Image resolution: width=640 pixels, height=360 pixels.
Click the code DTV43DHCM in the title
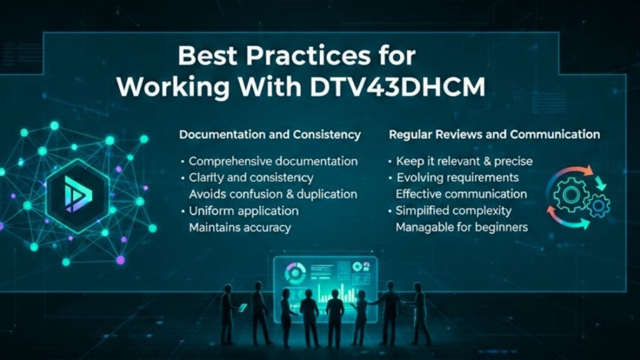click(397, 87)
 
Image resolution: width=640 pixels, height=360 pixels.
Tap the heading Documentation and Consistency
click(270, 134)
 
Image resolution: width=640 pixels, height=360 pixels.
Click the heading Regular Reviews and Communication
click(494, 134)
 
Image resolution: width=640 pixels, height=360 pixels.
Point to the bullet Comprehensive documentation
click(273, 161)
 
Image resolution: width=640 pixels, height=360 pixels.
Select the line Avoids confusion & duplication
click(273, 194)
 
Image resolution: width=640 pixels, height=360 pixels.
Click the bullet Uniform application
click(243, 211)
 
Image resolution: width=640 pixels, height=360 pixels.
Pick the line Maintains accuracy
click(239, 227)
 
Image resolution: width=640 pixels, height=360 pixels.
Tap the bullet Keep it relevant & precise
click(464, 161)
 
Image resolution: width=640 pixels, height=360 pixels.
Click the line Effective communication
click(461, 194)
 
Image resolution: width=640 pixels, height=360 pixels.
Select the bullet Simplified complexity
click(453, 211)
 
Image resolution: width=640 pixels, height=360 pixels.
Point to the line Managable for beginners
click(462, 227)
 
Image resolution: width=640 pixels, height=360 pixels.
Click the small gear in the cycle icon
click(599, 204)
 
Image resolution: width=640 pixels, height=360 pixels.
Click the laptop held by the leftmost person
click(242, 307)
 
